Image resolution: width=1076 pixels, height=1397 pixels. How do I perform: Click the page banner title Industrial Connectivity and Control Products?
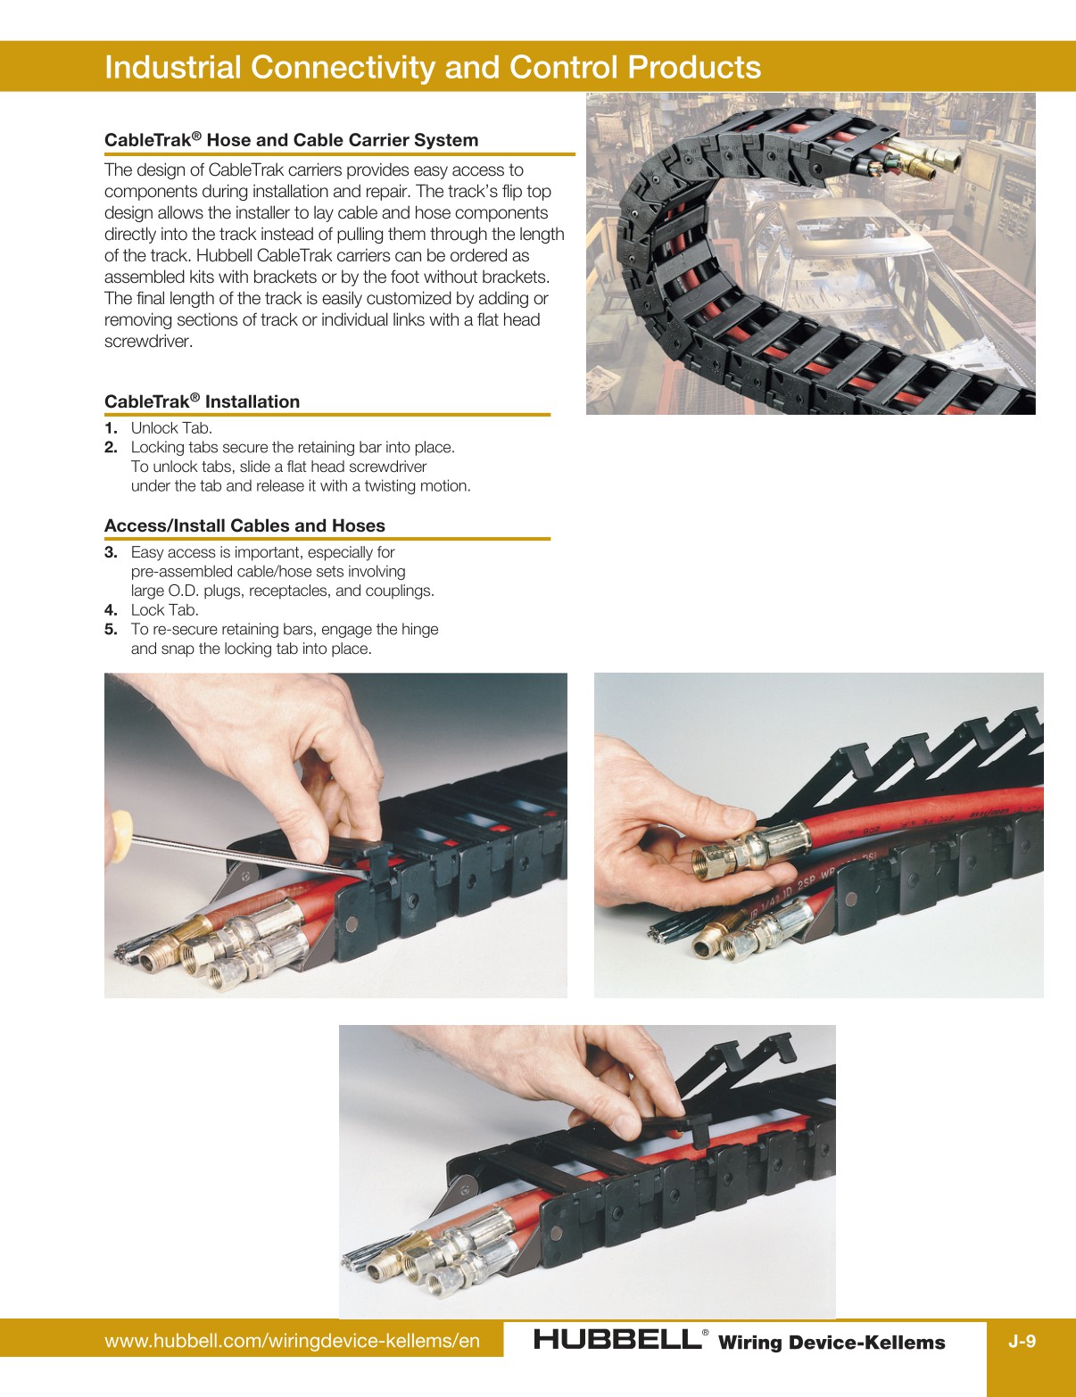433,68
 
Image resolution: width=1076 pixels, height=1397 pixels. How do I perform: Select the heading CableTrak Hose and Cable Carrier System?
291,140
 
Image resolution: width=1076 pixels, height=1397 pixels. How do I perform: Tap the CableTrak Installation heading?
202,401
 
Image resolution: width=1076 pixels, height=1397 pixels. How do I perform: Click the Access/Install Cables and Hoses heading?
244,525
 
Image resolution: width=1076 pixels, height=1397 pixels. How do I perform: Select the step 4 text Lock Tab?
164,610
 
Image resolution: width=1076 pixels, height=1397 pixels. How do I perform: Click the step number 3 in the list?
111,552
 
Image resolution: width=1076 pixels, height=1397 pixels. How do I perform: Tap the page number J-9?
1022,1341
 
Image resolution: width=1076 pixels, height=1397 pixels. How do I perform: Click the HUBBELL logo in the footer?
617,1339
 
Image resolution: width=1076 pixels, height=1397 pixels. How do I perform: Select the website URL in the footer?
292,1341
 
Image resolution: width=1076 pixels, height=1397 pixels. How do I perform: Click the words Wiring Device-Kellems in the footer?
831,1343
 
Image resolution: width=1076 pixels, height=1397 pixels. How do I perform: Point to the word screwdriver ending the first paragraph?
148,342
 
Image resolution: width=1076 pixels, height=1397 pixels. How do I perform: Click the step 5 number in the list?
111,630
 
